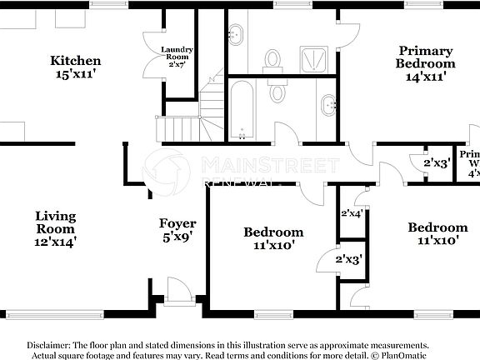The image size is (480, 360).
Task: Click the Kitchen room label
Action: pos(76,60)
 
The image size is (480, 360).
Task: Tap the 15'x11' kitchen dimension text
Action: pos(76,73)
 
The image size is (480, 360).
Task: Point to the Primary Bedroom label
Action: pos(425,57)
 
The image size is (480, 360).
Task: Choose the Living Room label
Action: pos(56,222)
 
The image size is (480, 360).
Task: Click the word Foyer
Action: pos(177,223)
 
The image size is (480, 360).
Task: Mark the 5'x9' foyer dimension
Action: pos(177,237)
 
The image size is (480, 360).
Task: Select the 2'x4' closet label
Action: pos(352,213)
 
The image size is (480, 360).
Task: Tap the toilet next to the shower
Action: pos(272,58)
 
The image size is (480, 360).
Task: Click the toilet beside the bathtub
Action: pos(277,92)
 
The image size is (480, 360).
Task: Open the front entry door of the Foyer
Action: pos(177,293)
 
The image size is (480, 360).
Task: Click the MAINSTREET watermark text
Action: pos(271,163)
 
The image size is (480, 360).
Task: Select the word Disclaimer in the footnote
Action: pos(52,344)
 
